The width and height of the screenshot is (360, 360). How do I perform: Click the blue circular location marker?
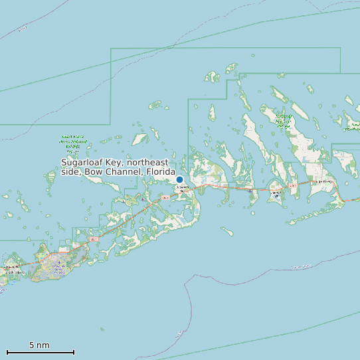point(179,179)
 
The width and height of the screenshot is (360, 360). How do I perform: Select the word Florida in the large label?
point(161,172)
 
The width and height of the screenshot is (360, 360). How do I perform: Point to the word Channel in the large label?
point(120,172)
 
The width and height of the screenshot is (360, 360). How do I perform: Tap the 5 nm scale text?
point(39,345)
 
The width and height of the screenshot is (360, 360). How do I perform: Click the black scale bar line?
point(41,352)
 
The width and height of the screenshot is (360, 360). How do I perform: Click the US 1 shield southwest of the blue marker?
point(165,197)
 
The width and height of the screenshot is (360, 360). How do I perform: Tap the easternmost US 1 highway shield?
point(293,186)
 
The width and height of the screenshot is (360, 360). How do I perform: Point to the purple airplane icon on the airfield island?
point(249,190)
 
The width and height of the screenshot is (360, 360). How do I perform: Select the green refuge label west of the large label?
point(73,142)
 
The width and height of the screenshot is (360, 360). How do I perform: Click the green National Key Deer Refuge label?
point(284,121)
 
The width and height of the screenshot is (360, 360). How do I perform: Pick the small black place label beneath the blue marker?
point(183,189)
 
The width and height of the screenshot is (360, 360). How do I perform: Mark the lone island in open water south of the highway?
point(227,232)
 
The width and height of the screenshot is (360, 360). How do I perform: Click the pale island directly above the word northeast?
point(139,139)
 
